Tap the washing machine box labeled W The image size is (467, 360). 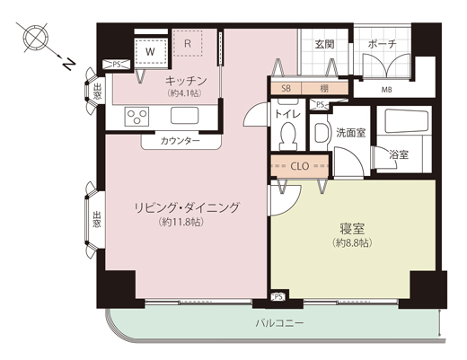pos(151,51)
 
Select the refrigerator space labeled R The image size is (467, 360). pos(188,43)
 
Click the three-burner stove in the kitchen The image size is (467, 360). pos(137,116)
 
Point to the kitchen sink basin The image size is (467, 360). pos(184,116)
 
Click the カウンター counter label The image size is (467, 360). pos(181,141)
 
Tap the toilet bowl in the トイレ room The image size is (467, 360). pos(288,136)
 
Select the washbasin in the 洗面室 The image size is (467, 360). pos(322,133)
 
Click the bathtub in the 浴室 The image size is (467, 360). pos(407,121)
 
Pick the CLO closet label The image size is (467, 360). pos(300,166)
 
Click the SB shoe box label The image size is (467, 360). pos(286,88)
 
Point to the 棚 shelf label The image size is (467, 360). pos(324,88)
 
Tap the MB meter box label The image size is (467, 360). pos(386,90)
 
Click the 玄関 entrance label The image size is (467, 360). pos(324,44)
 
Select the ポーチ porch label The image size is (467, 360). pos(383,44)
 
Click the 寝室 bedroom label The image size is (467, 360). pos(352,229)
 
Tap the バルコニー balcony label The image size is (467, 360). pos(279,323)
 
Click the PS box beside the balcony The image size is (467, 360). pos(278,297)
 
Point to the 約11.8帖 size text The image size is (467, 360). pos(181,222)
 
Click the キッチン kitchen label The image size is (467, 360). pos(186,81)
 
